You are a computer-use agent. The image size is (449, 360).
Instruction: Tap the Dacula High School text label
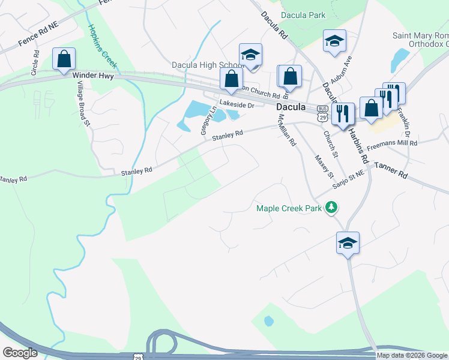click(x=205, y=64)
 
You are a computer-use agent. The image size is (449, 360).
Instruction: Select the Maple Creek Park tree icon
click(x=331, y=208)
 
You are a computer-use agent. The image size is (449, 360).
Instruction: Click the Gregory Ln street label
click(x=204, y=120)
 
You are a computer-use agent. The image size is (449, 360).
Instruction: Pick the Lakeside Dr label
click(x=237, y=104)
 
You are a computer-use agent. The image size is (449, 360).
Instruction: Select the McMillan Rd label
click(x=287, y=130)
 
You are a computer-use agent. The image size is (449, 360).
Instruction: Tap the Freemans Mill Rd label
click(x=391, y=144)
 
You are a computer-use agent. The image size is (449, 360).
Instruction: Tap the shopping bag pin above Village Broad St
click(x=64, y=59)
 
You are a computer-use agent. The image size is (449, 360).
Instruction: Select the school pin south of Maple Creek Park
click(x=348, y=243)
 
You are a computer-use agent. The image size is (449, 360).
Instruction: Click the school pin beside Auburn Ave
click(x=334, y=41)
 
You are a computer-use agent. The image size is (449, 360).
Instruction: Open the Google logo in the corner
click(x=20, y=353)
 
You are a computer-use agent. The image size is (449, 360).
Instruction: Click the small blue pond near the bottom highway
click(x=269, y=321)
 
